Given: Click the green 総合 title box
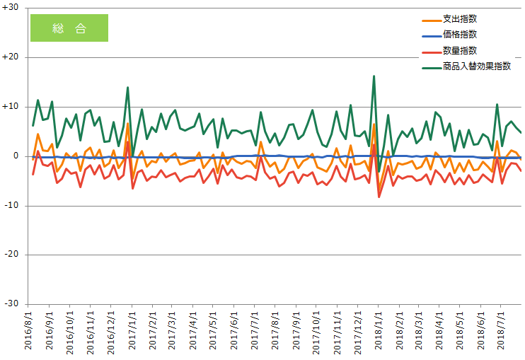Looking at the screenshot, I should [x=69, y=28].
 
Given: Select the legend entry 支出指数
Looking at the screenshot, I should [x=459, y=19].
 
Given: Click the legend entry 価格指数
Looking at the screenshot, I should [x=459, y=35].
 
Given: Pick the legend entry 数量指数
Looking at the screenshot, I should [x=459, y=50].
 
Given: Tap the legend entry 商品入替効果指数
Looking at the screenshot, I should [x=476, y=66].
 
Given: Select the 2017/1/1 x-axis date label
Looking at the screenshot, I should [x=132, y=330].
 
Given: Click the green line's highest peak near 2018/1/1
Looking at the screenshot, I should [x=374, y=76].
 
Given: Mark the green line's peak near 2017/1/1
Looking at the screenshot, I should [x=127, y=88].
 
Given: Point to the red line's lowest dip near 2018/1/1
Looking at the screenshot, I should [x=379, y=197].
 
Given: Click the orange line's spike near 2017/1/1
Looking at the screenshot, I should [x=127, y=124].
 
